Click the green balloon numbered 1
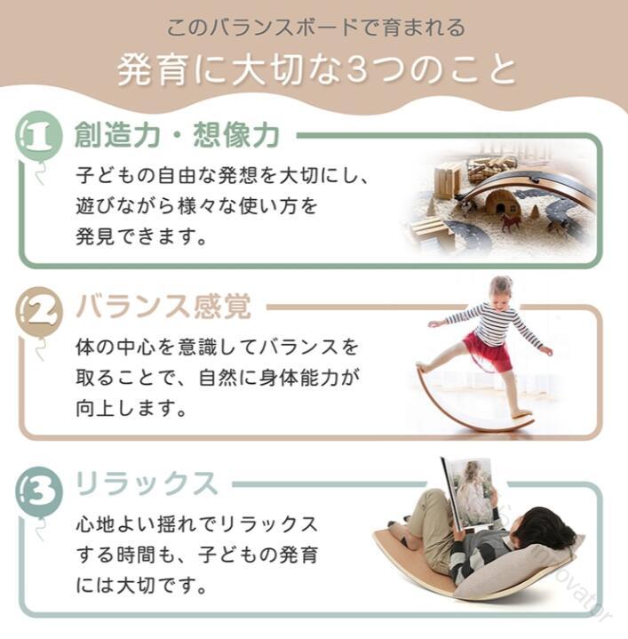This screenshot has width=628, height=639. coord(39,134)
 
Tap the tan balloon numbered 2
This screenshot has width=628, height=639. coord(39,310)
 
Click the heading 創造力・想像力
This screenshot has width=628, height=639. coord(177,135)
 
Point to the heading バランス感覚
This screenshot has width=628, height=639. coord(163,307)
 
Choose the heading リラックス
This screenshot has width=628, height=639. coord(147,483)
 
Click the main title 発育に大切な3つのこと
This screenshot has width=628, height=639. coord(318,70)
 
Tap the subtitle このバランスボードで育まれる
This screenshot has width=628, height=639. coord(316,28)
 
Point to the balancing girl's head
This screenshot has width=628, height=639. coord(500,290)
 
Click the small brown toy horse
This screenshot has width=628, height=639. coord(511,222)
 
